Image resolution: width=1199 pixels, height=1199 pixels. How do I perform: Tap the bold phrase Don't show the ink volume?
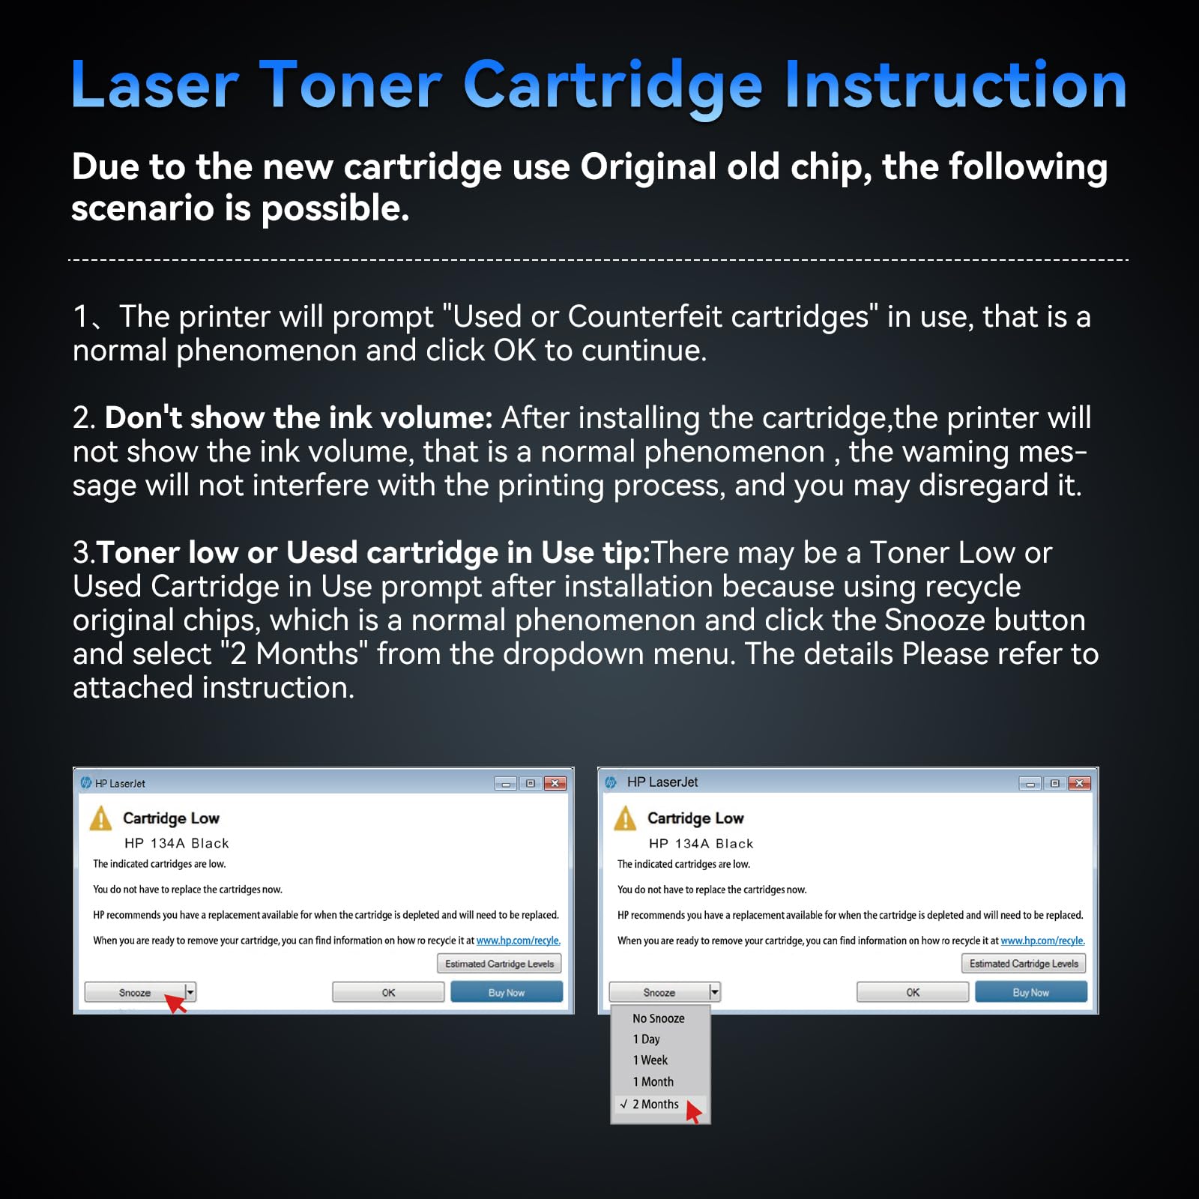(x=298, y=417)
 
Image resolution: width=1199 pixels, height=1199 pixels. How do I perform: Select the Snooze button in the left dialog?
(x=135, y=992)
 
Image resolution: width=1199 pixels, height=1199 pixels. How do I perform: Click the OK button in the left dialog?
(x=388, y=992)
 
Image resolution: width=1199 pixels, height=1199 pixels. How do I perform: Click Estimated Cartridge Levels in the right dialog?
(x=1024, y=964)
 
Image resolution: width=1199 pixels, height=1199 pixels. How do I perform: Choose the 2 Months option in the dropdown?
(x=655, y=1104)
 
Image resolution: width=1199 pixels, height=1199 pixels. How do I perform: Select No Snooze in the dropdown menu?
(x=658, y=1018)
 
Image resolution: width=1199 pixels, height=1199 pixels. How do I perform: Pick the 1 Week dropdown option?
(x=650, y=1060)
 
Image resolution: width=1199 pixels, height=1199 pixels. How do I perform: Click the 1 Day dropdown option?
(x=646, y=1039)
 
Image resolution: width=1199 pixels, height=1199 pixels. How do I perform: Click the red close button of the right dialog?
(x=1079, y=783)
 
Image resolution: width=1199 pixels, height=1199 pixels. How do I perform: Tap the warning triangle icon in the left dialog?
(x=100, y=818)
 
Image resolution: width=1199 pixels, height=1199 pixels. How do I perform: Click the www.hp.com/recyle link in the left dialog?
(x=518, y=940)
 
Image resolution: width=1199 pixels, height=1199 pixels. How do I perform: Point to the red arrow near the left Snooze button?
(x=175, y=1003)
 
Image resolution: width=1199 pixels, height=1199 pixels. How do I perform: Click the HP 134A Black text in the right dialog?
(x=701, y=843)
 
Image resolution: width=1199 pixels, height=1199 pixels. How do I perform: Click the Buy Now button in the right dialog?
(x=1030, y=992)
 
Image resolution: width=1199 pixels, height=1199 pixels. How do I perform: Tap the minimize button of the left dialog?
(x=506, y=784)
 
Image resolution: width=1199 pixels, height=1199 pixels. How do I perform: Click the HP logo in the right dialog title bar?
(x=611, y=782)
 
